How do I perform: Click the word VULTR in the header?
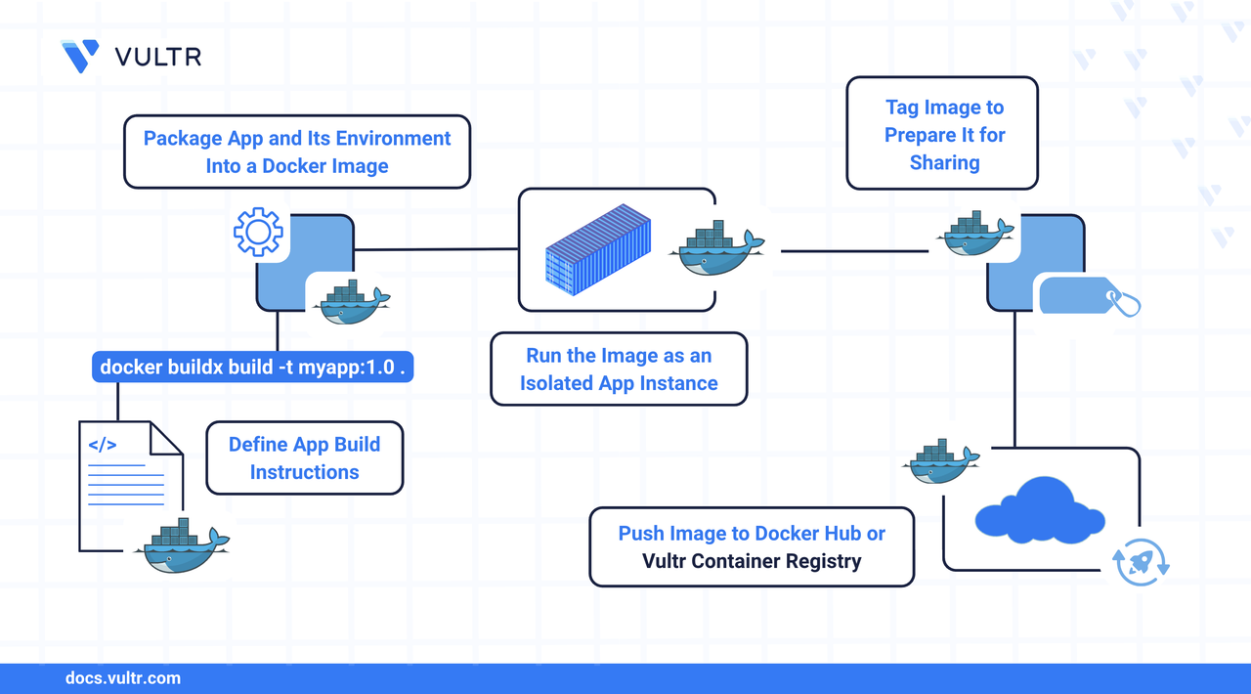tap(158, 57)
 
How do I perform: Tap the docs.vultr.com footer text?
tap(122, 677)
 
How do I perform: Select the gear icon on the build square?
tap(258, 232)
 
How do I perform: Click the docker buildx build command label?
tap(252, 368)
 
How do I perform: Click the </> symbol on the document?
tap(103, 445)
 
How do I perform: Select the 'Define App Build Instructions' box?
tap(304, 457)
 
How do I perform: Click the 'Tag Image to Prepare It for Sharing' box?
tap(942, 134)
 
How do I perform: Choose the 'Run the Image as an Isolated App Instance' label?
tap(619, 369)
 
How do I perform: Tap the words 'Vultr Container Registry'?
tap(752, 561)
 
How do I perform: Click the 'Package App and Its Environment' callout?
tap(297, 152)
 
